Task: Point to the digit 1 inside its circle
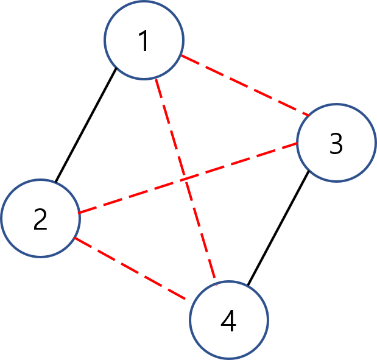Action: [144, 41]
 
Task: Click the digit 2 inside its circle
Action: [40, 219]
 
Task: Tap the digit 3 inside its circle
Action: [336, 144]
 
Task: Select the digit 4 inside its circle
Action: [228, 321]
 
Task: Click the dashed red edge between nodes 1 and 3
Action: [244, 85]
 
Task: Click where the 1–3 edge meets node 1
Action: [181, 56]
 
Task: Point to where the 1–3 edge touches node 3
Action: [309, 114]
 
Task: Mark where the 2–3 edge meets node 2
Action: [79, 213]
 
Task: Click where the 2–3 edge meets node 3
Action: [297, 144]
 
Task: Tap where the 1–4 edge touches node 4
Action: [216, 283]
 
